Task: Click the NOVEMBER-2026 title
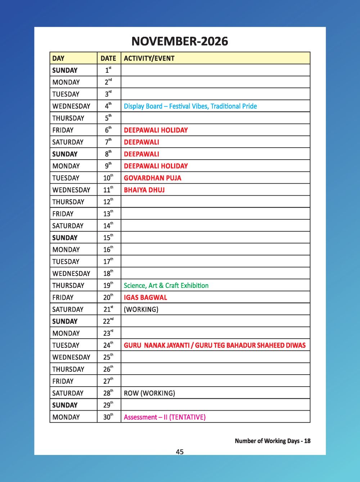coord(180,41)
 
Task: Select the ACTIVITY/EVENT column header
coord(149,58)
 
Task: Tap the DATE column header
coord(108,58)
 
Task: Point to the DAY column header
coord(58,58)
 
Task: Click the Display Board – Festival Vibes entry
coord(190,106)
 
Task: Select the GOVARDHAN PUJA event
coord(152,178)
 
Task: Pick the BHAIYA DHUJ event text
coord(144,190)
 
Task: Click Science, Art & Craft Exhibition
coord(166,285)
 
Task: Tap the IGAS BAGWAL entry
coord(145,298)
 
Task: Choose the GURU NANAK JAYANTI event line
coord(215,345)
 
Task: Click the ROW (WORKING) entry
coord(149,393)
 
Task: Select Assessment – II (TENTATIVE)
coord(165,417)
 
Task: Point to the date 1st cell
coord(108,70)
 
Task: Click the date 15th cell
coord(108,238)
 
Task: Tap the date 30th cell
coord(108,417)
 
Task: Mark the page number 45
coord(180,452)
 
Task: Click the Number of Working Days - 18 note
coord(273,441)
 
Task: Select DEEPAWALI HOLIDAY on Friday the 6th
coord(156,130)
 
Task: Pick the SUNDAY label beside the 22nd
coord(65,321)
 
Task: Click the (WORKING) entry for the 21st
coord(141,309)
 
